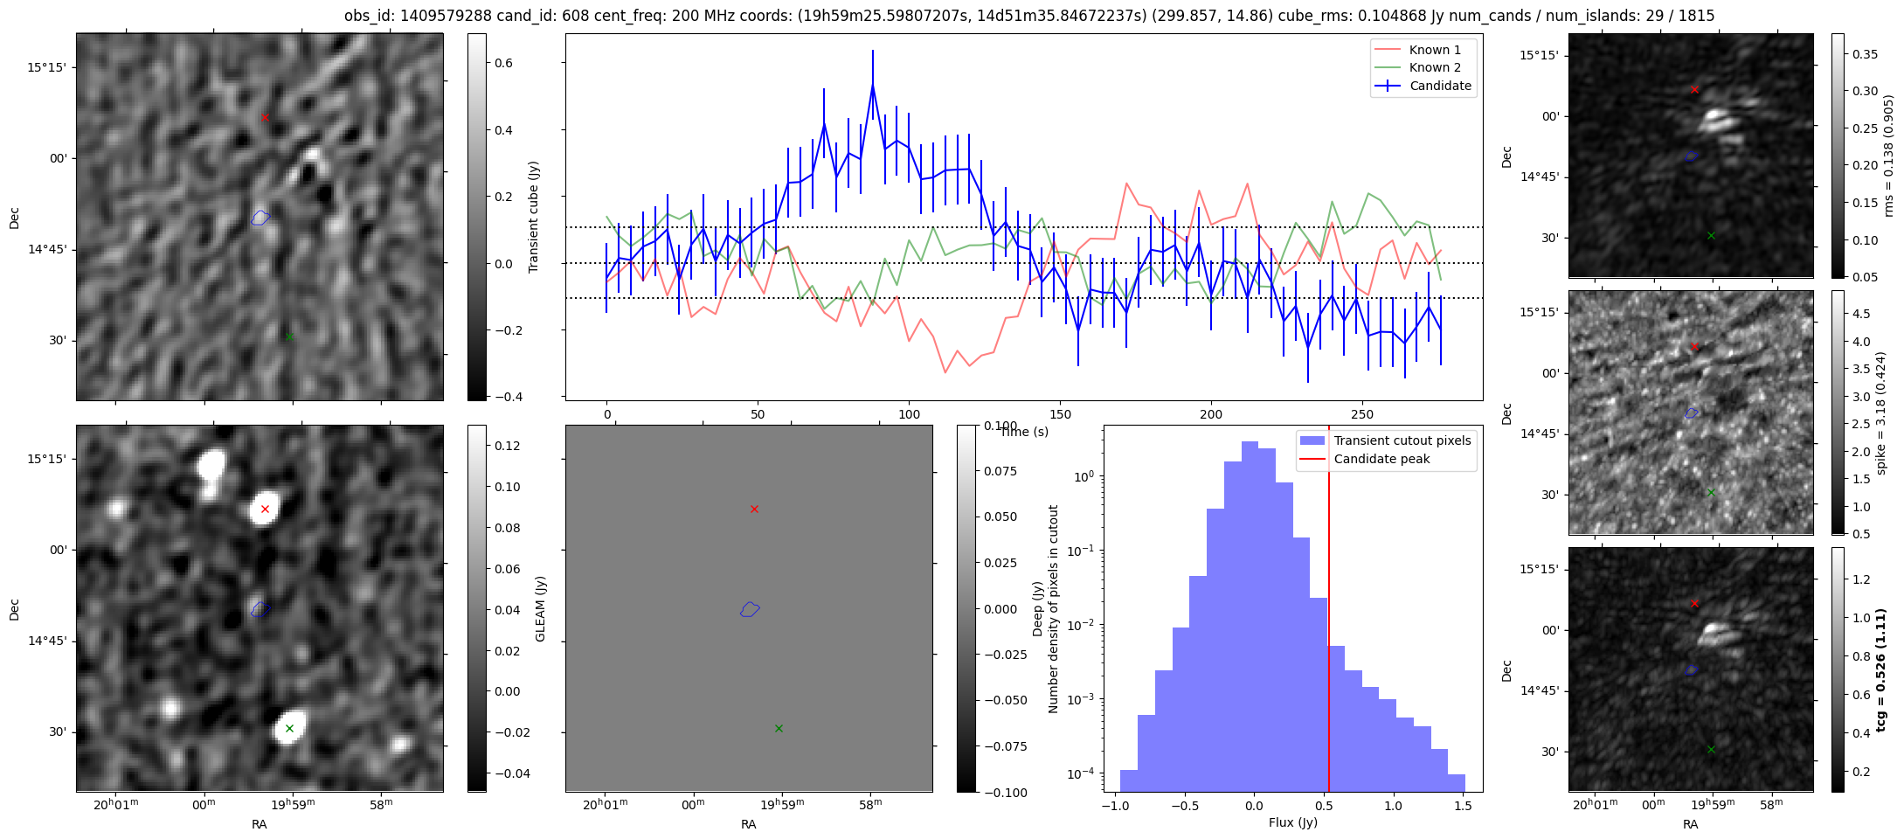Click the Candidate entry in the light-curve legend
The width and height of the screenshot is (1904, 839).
1440,86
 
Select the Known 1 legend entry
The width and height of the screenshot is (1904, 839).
1435,50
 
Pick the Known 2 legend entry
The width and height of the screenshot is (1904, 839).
1435,67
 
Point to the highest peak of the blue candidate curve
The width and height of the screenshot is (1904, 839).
872,85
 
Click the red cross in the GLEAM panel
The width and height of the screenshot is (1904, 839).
265,509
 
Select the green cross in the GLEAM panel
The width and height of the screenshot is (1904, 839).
289,728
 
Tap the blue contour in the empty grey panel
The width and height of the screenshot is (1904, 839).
750,609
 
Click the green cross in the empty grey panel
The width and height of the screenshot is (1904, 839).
779,728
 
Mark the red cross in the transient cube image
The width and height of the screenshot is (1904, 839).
265,117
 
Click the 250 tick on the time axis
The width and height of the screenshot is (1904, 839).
1362,414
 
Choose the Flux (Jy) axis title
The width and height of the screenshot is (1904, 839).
1292,822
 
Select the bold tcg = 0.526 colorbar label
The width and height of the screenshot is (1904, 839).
1881,669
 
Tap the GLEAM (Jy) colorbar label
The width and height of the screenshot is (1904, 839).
540,609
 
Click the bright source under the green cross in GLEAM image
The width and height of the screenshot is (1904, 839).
289,726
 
